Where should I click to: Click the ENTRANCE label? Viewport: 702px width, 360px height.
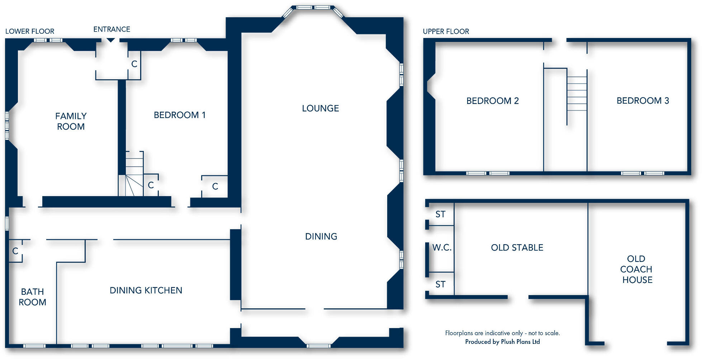(x=112, y=29)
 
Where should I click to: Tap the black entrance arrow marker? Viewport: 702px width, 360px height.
(x=111, y=40)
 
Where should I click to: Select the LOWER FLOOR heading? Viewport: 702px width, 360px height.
(x=30, y=32)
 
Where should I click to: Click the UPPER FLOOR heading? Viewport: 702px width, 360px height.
(x=446, y=32)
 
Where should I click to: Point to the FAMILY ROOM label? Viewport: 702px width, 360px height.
(x=71, y=121)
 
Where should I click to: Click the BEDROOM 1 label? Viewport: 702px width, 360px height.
(x=179, y=115)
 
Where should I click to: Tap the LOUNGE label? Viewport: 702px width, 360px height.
(x=320, y=108)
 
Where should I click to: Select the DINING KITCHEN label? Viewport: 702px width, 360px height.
(x=146, y=290)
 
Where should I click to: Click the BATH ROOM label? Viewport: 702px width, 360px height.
(x=32, y=297)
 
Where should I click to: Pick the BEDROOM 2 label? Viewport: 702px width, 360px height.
(x=492, y=101)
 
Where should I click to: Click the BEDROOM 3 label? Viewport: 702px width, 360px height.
(x=642, y=101)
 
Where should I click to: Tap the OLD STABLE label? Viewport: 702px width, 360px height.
(x=517, y=248)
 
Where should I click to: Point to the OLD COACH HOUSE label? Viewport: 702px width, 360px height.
(x=636, y=269)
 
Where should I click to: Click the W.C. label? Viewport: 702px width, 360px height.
(x=441, y=248)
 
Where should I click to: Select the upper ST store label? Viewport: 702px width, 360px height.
(x=440, y=214)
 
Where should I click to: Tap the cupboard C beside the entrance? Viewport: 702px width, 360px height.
(x=134, y=64)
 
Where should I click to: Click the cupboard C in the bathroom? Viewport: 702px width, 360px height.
(x=15, y=251)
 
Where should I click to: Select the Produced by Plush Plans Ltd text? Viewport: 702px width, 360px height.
(x=502, y=342)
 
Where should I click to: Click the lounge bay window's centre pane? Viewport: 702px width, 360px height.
(x=313, y=8)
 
